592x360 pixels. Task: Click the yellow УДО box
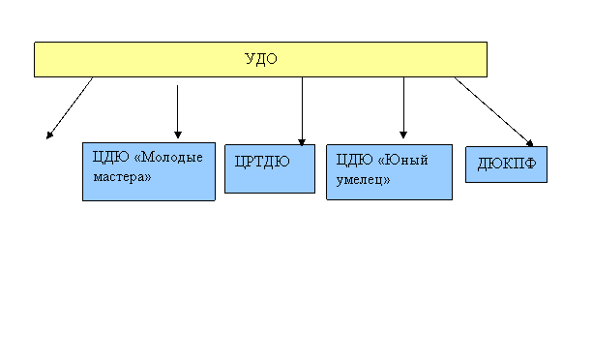pyautogui.click(x=260, y=59)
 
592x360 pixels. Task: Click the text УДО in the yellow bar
pyautogui.click(x=261, y=59)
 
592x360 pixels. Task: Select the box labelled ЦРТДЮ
pyautogui.click(x=270, y=168)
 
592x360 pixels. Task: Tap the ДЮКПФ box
pyautogui.click(x=506, y=165)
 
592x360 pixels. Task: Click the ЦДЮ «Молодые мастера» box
pyautogui.click(x=149, y=171)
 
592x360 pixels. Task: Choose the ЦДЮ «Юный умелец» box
pyautogui.click(x=389, y=172)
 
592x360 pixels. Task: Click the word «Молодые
pyautogui.click(x=168, y=157)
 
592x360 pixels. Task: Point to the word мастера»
pyautogui.click(x=122, y=177)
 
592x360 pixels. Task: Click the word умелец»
pyautogui.click(x=363, y=180)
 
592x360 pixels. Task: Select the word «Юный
pyautogui.click(x=402, y=160)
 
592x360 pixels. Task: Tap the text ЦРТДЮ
pyautogui.click(x=262, y=162)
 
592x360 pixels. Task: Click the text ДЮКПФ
pyautogui.click(x=507, y=164)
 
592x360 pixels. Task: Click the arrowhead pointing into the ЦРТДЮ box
pyautogui.click(x=302, y=142)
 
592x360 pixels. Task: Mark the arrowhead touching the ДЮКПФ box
pyautogui.click(x=530, y=143)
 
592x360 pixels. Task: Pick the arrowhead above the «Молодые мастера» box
pyautogui.click(x=178, y=135)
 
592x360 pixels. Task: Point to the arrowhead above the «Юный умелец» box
pyautogui.click(x=403, y=135)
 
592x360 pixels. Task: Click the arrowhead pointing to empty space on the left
pyautogui.click(x=49, y=135)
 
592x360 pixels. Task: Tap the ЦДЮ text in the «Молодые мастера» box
pyautogui.click(x=110, y=157)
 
